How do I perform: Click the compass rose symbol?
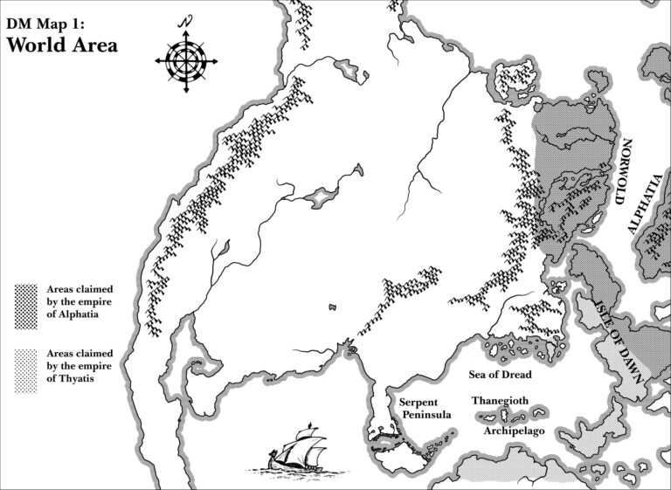pyautogui.click(x=183, y=59)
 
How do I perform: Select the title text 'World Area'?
pyautogui.click(x=61, y=45)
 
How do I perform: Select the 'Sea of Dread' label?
pyautogui.click(x=500, y=374)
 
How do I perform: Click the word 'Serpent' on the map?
pyautogui.click(x=419, y=402)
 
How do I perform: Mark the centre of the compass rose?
pyautogui.click(x=183, y=59)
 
